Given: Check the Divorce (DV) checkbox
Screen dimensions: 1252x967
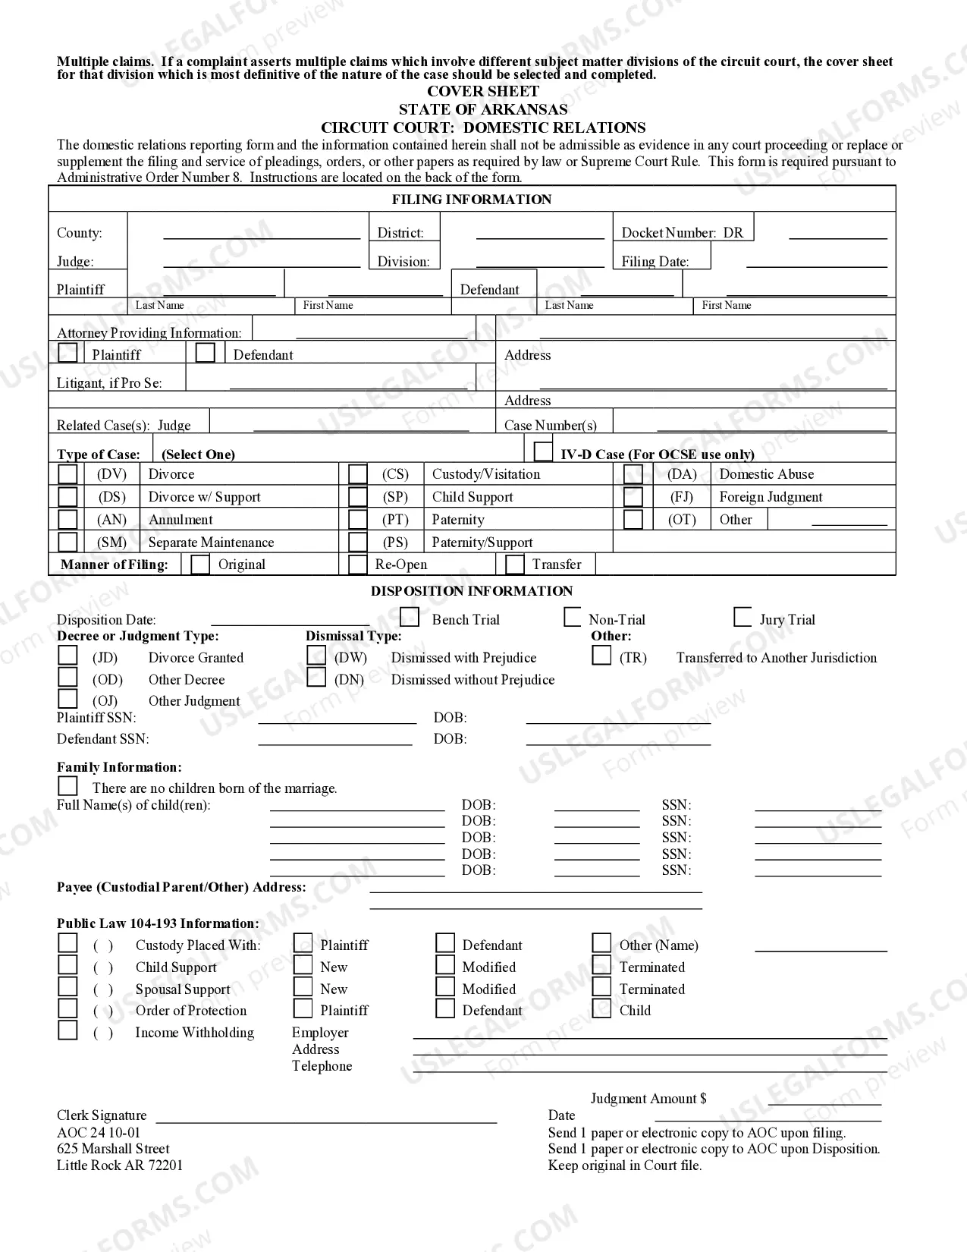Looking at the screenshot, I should (68, 474).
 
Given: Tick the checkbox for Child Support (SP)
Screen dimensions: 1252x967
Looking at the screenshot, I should (357, 497).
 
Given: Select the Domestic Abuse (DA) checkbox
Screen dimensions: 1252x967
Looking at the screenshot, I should (633, 474).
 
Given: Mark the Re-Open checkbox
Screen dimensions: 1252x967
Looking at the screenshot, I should (357, 565).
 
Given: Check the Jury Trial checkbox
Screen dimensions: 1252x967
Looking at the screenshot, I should (743, 618).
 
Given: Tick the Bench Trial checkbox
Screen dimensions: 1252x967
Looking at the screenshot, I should (410, 617).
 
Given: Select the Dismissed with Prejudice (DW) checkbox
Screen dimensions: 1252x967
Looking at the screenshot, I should (316, 656).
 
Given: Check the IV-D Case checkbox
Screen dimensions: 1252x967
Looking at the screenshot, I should (543, 452).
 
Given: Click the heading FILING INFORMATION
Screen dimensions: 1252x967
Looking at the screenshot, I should (471, 200).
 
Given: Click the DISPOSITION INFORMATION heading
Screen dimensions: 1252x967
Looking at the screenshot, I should (471, 591).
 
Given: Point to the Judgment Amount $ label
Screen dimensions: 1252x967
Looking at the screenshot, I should (648, 1099).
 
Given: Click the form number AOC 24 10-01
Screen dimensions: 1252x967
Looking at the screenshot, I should (99, 1132).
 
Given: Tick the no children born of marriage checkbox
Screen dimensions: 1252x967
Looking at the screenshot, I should (68, 786).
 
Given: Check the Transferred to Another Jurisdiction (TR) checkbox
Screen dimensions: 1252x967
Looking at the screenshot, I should (601, 656).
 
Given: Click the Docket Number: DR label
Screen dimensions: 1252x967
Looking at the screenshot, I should (682, 233).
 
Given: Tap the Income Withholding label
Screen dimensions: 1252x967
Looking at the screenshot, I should (194, 1033).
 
